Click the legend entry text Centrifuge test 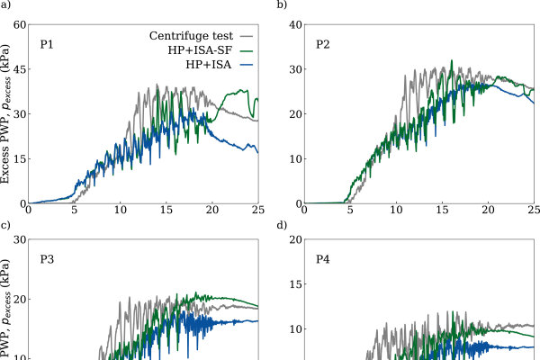(191, 36)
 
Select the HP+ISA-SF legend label (200, 50)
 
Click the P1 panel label (47, 45)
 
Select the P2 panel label (323, 45)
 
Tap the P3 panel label (47, 259)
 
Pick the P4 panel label (323, 259)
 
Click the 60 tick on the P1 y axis (20, 25)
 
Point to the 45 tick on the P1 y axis (20, 69)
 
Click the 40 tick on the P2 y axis (296, 25)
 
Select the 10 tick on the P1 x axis (121, 210)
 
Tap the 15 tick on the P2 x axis (442, 210)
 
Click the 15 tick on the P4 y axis (296, 284)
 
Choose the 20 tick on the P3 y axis (20, 299)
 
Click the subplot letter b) (282, 4)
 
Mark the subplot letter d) (282, 225)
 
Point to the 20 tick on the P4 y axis (296, 239)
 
